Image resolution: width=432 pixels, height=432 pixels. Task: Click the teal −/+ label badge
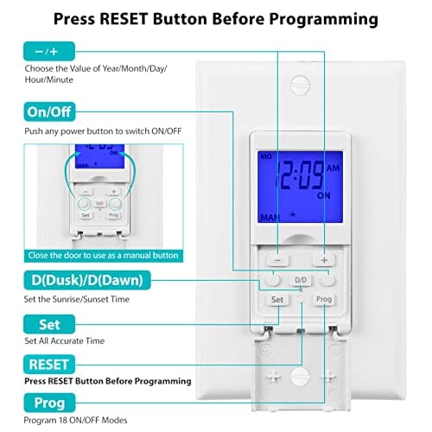click(x=49, y=51)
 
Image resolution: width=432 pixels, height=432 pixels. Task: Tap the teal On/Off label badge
click(x=49, y=111)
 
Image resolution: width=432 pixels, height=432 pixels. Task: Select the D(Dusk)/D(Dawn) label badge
click(x=87, y=280)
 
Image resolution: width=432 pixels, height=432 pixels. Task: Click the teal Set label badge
click(x=49, y=325)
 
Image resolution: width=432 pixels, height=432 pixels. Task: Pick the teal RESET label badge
click(x=49, y=365)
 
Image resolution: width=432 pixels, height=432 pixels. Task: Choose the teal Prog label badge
click(x=49, y=403)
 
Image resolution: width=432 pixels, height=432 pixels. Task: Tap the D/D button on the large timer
click(x=301, y=280)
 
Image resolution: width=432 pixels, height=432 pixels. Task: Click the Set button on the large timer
click(x=277, y=300)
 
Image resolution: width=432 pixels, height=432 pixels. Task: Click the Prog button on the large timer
click(x=324, y=300)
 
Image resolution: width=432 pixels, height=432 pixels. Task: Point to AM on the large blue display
click(x=333, y=168)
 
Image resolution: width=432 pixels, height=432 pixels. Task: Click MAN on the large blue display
click(x=270, y=218)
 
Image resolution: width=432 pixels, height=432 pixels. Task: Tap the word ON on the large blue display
click(x=324, y=196)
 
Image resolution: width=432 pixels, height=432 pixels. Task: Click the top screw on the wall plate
click(x=300, y=86)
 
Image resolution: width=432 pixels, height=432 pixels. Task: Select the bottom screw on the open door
click(x=300, y=376)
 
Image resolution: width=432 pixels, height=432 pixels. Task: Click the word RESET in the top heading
click(x=124, y=19)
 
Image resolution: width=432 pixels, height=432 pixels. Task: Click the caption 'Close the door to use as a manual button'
click(x=103, y=256)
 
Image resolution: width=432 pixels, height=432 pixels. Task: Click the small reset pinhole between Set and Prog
click(x=301, y=299)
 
